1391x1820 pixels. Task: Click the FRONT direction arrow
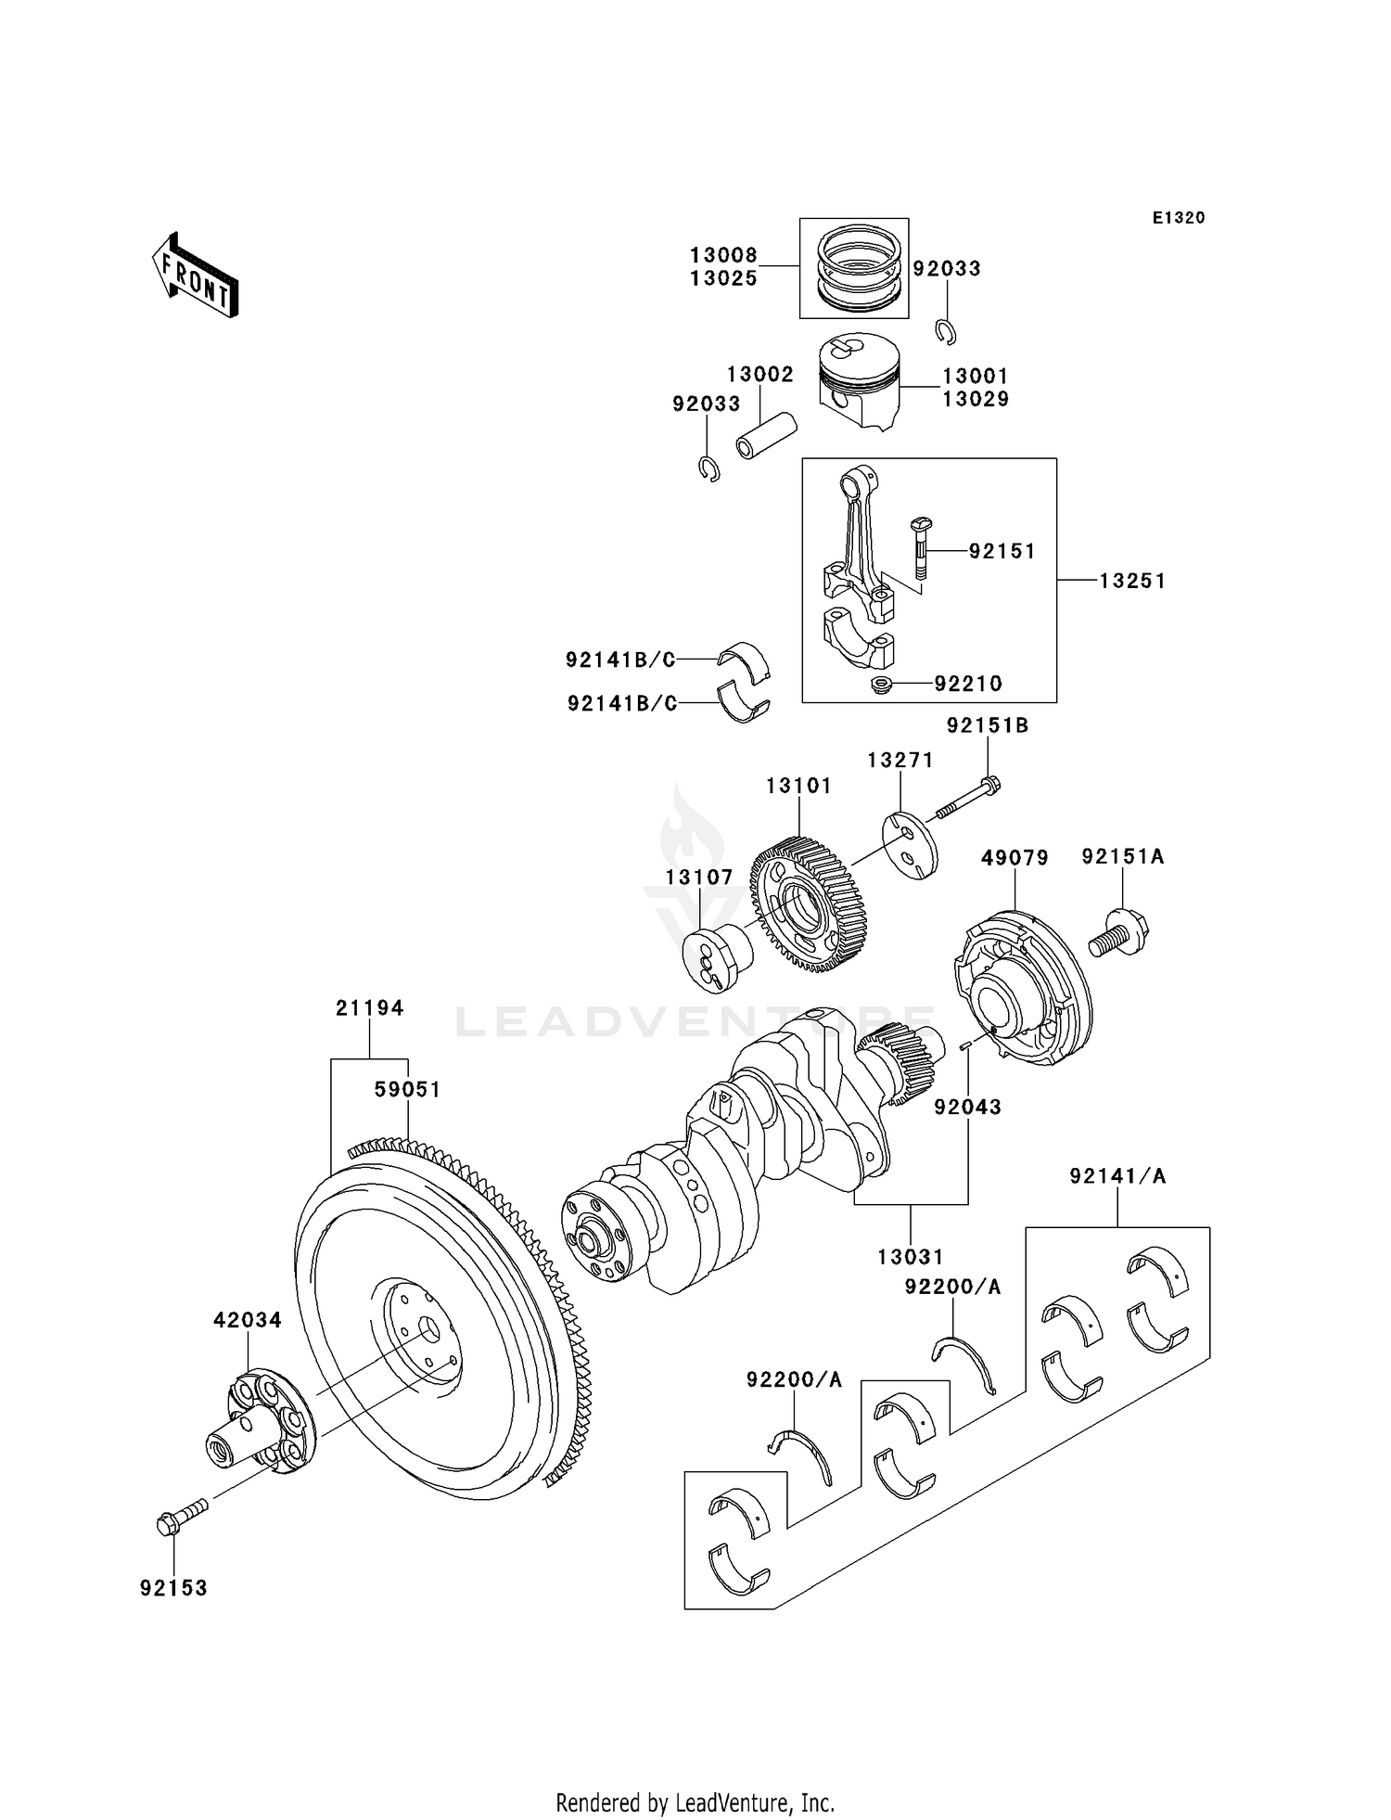[196, 276]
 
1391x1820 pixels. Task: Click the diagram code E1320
[1178, 218]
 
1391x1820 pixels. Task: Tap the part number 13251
[1131, 581]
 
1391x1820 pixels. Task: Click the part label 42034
[247, 1319]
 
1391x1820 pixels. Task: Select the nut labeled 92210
[881, 686]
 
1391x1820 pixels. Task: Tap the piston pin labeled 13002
[766, 435]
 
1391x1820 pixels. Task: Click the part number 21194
[369, 1007]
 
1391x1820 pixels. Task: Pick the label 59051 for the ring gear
[407, 1089]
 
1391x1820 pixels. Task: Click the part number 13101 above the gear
[798, 786]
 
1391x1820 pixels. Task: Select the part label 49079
[1015, 858]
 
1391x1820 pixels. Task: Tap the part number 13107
[698, 877]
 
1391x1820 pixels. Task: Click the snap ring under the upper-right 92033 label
[947, 331]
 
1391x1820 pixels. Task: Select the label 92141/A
[1117, 1176]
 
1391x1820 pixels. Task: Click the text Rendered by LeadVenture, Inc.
[695, 1802]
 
